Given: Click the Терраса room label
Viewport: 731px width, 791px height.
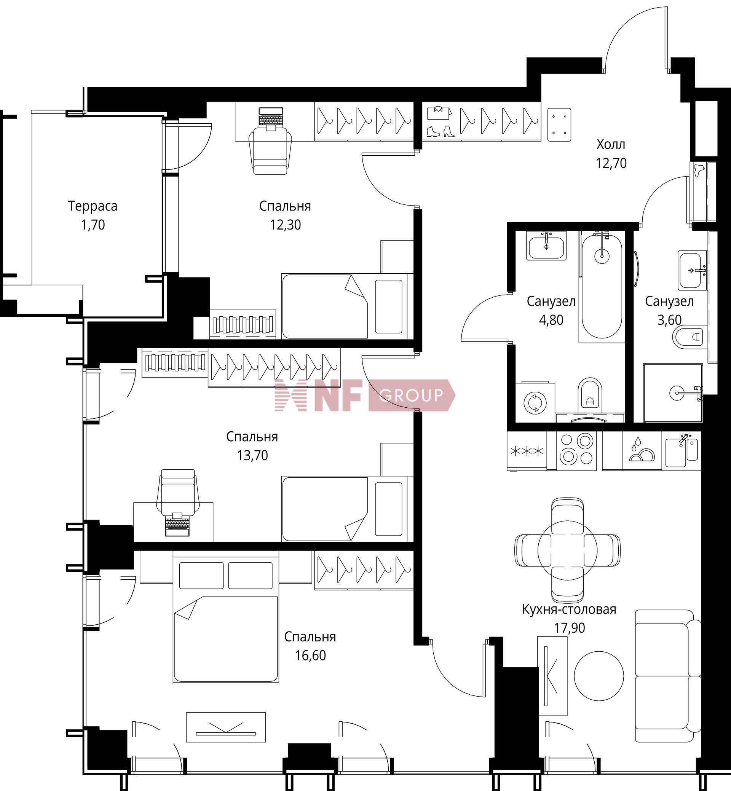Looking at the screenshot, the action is point(93,206).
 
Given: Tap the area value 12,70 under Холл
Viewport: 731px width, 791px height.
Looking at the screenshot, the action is point(611,163).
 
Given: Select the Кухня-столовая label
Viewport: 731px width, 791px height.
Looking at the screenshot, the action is point(569,609).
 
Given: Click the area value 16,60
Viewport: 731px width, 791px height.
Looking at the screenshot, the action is point(310,655).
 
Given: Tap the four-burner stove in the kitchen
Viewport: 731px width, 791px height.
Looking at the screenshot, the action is point(576,450).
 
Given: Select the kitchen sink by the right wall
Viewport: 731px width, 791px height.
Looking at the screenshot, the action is point(682,450).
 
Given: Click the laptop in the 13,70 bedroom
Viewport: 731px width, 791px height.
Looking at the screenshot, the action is point(177,524).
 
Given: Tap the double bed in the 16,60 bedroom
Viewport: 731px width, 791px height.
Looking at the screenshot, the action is point(226,619).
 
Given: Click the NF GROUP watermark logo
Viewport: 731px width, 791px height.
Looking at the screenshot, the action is point(365,395).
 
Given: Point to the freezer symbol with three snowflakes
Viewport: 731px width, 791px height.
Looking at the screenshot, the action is point(527,451).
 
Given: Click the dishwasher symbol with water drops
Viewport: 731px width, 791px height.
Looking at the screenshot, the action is point(642,450).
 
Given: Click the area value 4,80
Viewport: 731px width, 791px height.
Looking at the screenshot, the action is point(551,320).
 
